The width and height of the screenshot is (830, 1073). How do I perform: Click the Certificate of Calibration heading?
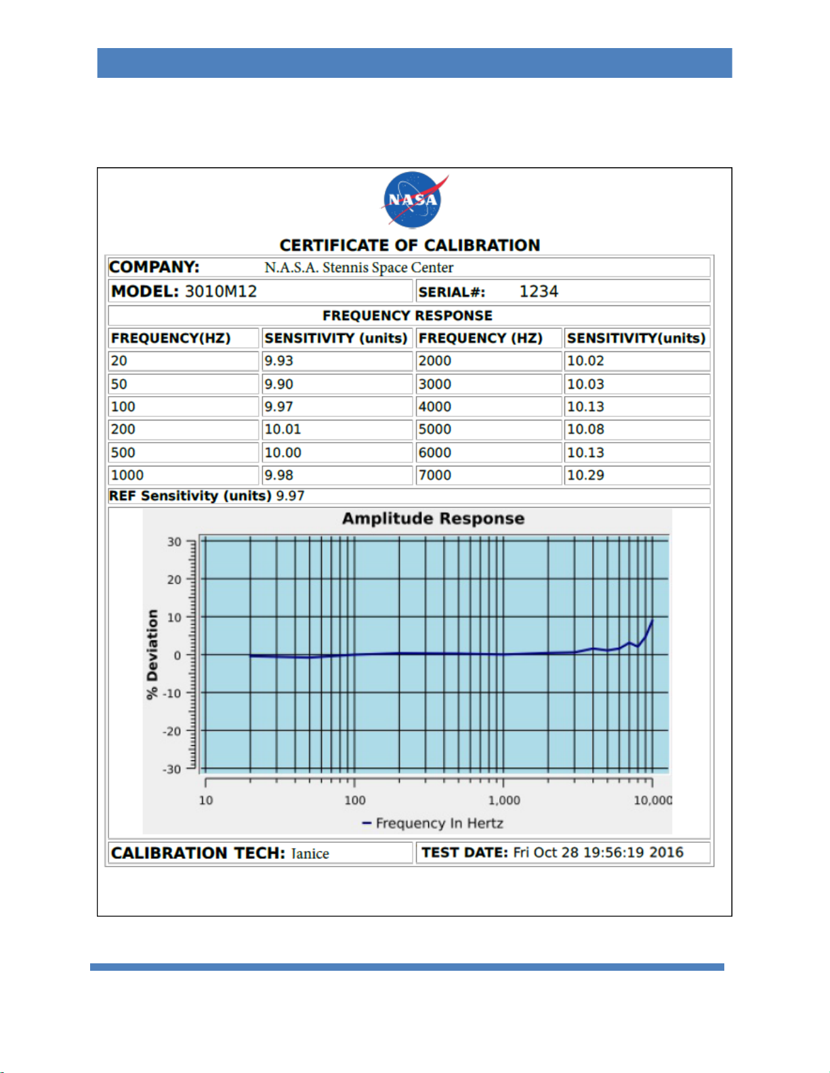click(x=409, y=246)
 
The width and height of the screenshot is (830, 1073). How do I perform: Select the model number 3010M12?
click(x=221, y=291)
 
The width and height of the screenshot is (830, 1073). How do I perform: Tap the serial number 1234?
click(x=539, y=291)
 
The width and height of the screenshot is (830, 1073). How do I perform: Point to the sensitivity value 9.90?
click(x=278, y=384)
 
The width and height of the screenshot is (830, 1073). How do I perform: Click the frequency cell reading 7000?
click(x=435, y=475)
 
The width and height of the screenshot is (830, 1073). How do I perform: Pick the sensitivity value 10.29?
click(x=585, y=475)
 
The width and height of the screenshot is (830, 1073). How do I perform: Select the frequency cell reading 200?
click(x=123, y=429)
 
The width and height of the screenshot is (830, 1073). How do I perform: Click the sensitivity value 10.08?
click(x=585, y=429)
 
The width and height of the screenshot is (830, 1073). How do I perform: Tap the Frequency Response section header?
click(x=408, y=315)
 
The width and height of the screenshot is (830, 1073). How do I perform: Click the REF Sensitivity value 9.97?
click(x=290, y=496)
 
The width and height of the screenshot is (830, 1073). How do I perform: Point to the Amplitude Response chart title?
click(x=433, y=519)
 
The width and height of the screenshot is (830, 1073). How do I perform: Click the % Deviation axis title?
click(x=152, y=654)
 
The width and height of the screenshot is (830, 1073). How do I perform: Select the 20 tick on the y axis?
click(x=174, y=579)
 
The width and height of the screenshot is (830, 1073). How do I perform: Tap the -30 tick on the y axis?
click(x=172, y=769)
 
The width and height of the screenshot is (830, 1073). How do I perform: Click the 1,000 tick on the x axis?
click(x=504, y=800)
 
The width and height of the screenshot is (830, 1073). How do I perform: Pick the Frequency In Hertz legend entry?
click(x=433, y=823)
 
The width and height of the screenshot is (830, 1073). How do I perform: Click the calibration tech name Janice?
click(x=310, y=854)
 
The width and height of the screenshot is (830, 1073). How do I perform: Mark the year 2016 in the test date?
click(x=666, y=853)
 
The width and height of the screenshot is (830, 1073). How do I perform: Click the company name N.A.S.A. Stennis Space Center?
click(x=358, y=267)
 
